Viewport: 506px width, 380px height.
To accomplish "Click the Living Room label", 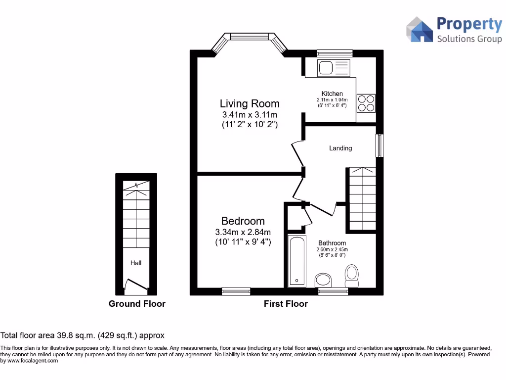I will click(x=250, y=103).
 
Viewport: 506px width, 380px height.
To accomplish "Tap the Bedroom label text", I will click(x=243, y=221).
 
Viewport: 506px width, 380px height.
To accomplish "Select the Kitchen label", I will click(x=332, y=94).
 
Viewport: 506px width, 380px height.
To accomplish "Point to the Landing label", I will click(x=340, y=148).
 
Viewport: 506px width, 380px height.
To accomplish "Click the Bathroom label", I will click(x=332, y=243).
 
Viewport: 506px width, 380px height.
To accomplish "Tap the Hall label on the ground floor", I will click(x=136, y=263).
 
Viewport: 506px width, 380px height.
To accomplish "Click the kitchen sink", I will click(x=333, y=68).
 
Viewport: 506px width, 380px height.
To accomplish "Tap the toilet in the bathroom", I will click(x=352, y=276).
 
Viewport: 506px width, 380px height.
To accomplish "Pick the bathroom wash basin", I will click(x=324, y=281).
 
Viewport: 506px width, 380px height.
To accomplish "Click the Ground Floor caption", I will click(x=137, y=304).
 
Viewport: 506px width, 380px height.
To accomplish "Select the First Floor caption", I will click(x=286, y=304).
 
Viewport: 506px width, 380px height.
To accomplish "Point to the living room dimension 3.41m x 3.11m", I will click(x=250, y=115).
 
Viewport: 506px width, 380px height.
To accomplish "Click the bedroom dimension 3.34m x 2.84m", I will click(x=243, y=232).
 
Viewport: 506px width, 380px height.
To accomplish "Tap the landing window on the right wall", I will click(x=379, y=145).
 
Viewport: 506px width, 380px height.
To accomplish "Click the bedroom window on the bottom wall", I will click(x=236, y=291).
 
